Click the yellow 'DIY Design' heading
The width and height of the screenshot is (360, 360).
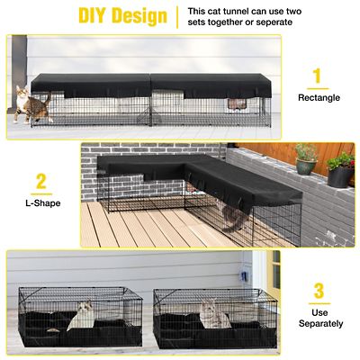tap(121, 16)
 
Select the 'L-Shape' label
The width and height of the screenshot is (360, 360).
tap(40, 205)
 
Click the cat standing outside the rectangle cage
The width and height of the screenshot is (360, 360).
tap(31, 104)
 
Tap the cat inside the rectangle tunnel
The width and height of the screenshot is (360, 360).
tap(237, 104)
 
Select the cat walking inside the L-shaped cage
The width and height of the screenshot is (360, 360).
tap(233, 215)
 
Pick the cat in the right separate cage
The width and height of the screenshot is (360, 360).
tap(213, 312)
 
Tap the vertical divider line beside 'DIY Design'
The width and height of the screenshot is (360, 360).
tap(178, 16)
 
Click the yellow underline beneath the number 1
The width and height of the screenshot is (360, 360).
tap(317, 89)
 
